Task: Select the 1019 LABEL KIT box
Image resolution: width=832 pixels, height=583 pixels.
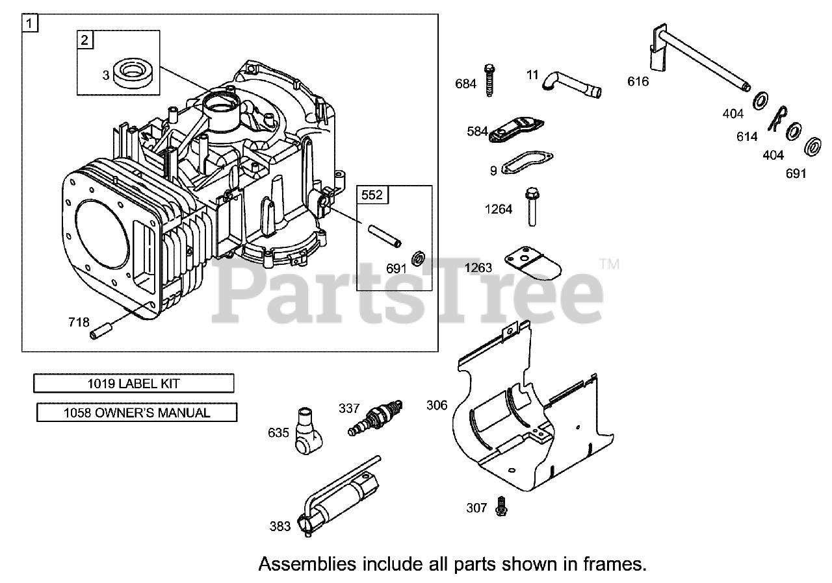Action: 133,383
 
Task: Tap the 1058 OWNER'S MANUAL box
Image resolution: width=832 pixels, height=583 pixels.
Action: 136,412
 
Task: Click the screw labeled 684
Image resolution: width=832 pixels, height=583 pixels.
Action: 489,80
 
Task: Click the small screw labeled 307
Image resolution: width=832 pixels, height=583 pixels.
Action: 500,506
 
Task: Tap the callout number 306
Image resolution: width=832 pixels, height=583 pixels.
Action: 437,405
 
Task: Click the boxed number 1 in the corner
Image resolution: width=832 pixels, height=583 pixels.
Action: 30,23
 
